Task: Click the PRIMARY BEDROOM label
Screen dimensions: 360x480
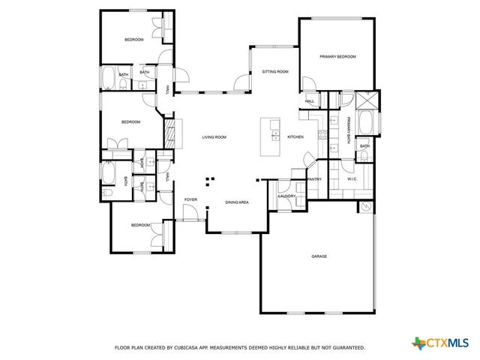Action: coord(337,57)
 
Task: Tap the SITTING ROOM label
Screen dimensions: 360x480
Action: coord(275,72)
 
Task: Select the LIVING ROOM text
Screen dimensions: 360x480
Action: coord(214,137)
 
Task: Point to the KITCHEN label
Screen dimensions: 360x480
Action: coord(295,137)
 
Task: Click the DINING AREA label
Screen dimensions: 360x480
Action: coord(237,202)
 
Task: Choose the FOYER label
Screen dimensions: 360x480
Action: coord(190,199)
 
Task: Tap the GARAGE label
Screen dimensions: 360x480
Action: coord(319,256)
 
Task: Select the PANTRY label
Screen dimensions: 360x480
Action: coord(314,179)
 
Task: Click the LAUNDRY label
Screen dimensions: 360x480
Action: coord(287,196)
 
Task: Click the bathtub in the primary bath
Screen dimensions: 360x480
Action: coord(367,123)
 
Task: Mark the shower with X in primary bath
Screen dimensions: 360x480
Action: coord(367,100)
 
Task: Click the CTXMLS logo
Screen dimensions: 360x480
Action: coord(442,343)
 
